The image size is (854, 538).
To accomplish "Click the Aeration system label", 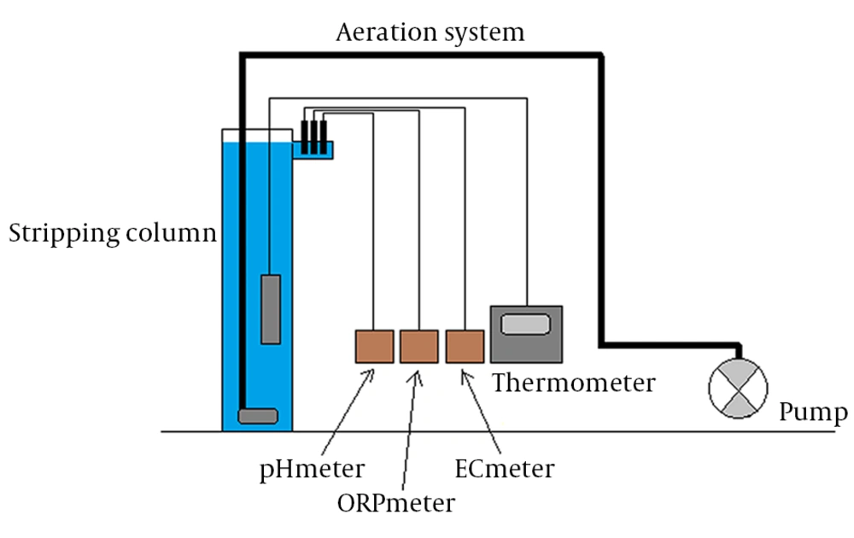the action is click(x=430, y=32).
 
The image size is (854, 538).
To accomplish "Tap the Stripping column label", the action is click(x=113, y=234).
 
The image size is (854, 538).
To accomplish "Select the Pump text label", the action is click(x=813, y=412).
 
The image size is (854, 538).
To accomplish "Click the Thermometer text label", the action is click(x=574, y=383).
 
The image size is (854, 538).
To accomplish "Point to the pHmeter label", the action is click(x=312, y=470).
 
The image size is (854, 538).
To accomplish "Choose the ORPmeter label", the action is click(x=396, y=503).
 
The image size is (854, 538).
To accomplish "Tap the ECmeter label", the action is click(x=505, y=469).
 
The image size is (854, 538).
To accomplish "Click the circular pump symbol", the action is click(x=738, y=389).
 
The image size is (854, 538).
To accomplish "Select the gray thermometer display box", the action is click(x=526, y=335).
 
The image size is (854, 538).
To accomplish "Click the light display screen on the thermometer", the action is click(x=525, y=325).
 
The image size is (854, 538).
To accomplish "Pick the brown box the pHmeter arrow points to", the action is click(x=374, y=347).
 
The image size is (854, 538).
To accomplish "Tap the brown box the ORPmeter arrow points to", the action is click(x=418, y=347).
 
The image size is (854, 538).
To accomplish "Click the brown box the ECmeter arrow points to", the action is click(x=465, y=347).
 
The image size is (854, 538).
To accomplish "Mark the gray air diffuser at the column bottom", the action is click(x=258, y=416).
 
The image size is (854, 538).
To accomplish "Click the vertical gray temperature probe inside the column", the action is click(x=271, y=309).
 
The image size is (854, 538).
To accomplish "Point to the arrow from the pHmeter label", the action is click(x=348, y=412).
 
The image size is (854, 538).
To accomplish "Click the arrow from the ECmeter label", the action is click(x=481, y=412).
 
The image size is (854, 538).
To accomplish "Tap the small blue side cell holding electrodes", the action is click(x=313, y=149).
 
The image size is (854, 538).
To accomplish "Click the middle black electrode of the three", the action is click(x=313, y=137).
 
